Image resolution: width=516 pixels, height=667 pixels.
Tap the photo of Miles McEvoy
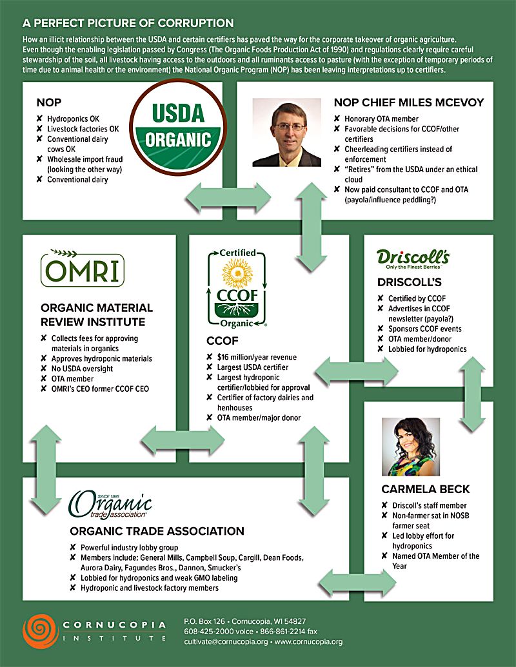click(287, 132)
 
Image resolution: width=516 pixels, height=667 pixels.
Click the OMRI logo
click(81, 271)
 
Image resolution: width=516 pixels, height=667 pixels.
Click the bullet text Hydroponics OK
click(73, 119)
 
